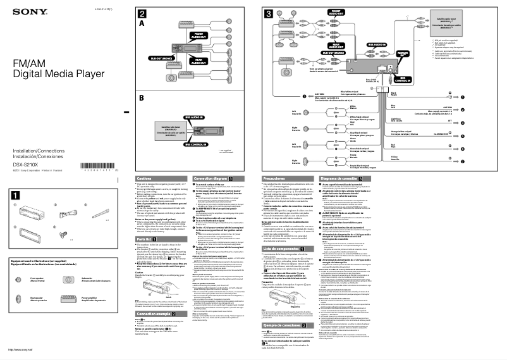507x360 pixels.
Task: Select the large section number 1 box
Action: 15,195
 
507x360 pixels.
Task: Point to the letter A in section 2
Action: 142,23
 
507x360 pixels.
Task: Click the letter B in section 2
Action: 142,97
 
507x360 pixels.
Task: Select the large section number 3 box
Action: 269,14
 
